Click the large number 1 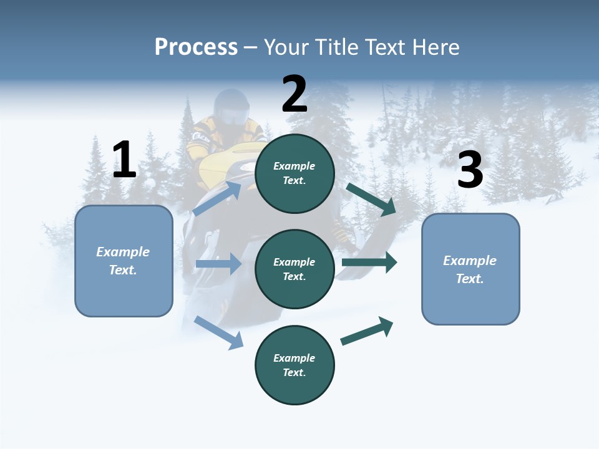click(x=124, y=160)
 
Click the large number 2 click(x=295, y=94)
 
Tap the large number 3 click(x=470, y=170)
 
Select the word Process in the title click(x=196, y=47)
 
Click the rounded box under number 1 click(x=124, y=261)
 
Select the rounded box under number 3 click(x=470, y=269)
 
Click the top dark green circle click(x=295, y=173)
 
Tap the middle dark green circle click(x=295, y=269)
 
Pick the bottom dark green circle click(x=295, y=365)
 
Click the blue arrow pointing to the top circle click(x=217, y=198)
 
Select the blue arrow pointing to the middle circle click(x=218, y=264)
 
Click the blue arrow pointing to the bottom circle click(x=219, y=332)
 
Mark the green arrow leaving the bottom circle click(x=368, y=331)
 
